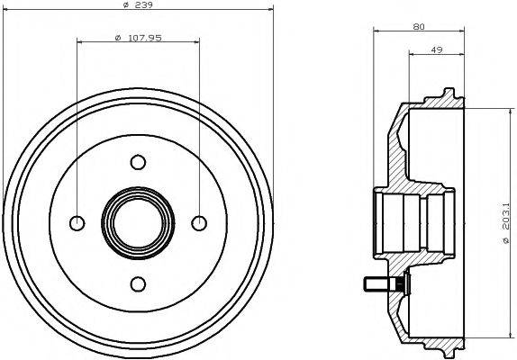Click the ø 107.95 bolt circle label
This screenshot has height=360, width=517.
click(137, 37)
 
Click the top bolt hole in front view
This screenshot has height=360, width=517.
click(137, 163)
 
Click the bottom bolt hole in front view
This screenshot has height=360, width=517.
click(137, 284)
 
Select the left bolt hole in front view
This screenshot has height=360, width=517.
click(77, 223)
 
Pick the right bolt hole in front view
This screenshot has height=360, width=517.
click(198, 223)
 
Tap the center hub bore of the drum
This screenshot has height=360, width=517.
click(137, 223)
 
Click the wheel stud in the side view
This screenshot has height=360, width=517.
click(382, 285)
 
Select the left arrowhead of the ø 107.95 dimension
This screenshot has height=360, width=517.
click(80, 42)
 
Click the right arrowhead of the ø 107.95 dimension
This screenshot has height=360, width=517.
click(195, 42)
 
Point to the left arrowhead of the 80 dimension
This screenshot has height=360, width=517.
click(374, 32)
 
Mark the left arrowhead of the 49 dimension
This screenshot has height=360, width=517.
click(412, 57)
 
